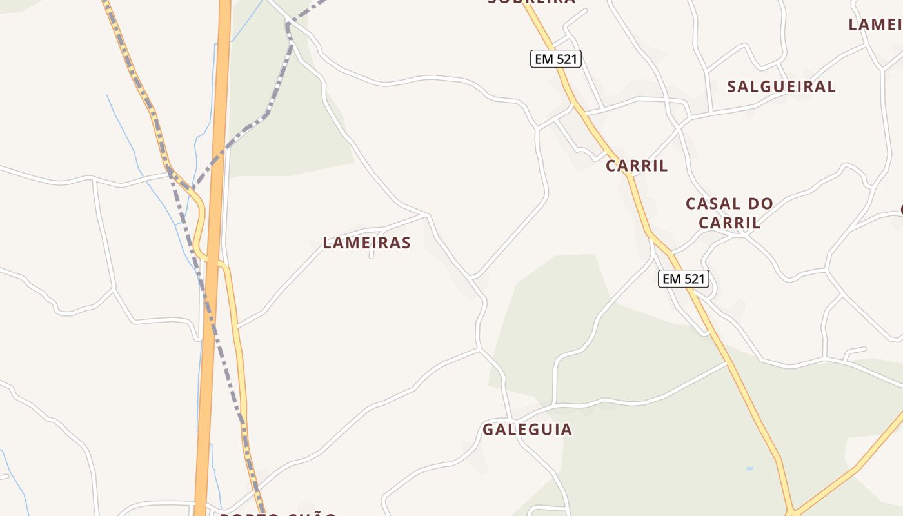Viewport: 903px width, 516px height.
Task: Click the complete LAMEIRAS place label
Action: pyautogui.click(x=366, y=243)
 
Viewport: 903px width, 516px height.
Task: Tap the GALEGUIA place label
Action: pyautogui.click(x=527, y=429)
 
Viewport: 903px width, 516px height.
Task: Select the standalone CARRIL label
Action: pyautogui.click(x=637, y=166)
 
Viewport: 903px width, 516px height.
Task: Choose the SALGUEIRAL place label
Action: pyautogui.click(x=781, y=86)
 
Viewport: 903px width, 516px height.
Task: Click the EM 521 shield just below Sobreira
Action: pyautogui.click(x=556, y=59)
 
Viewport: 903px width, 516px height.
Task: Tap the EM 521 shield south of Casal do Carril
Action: pyautogui.click(x=684, y=279)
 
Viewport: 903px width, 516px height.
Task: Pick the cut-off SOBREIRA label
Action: pyautogui.click(x=531, y=2)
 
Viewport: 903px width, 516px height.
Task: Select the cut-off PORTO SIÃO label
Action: pyautogui.click(x=278, y=514)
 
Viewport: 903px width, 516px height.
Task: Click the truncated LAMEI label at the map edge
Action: pyautogui.click(x=875, y=25)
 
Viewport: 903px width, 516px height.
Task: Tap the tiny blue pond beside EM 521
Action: pyautogui.click(x=749, y=468)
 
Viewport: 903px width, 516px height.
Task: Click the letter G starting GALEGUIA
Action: pyautogui.click(x=488, y=429)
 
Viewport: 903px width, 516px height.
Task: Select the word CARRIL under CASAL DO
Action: pyautogui.click(x=730, y=223)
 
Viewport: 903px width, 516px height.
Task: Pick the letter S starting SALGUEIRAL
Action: pyautogui.click(x=732, y=86)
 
